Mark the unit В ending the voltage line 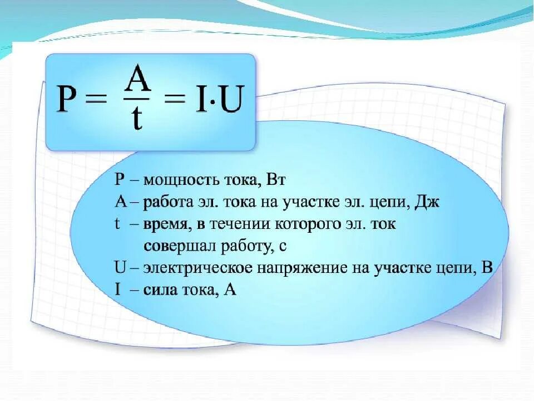point(487,267)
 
